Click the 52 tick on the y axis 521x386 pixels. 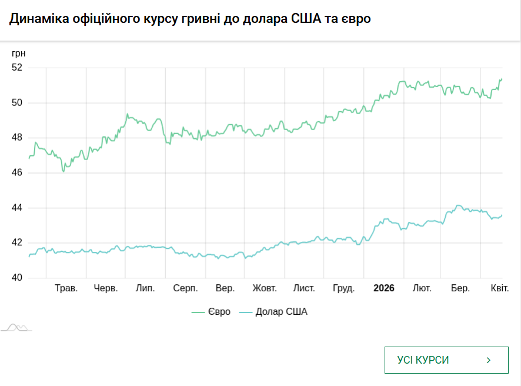pos(16,68)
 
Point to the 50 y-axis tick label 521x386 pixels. pos(16,103)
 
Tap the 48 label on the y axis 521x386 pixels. pos(16,138)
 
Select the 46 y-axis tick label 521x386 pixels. pos(16,173)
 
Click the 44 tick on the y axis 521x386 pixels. pos(16,208)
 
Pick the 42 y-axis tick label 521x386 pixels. pos(16,243)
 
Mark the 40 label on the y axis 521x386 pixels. pos(16,278)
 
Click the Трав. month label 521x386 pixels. pos(66,288)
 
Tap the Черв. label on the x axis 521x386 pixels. pos(106,288)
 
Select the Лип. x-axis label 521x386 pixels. pos(145,288)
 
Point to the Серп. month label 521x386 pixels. pos(185,288)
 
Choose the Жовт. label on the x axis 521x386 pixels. pos(265,288)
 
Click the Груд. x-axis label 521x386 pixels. pos(343,288)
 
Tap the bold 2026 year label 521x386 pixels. pos(384,288)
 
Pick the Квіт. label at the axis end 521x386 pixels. pos(500,288)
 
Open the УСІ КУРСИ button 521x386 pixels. pos(446,360)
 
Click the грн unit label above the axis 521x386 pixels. pos(19,54)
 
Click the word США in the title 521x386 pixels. pos(306,19)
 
